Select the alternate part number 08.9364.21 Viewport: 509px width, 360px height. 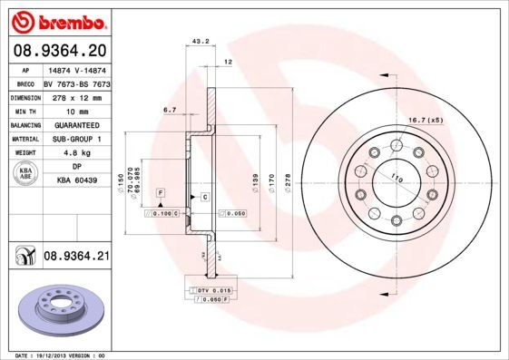point(77,258)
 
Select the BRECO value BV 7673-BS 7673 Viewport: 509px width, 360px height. point(77,82)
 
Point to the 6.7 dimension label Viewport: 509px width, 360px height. point(169,110)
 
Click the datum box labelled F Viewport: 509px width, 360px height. point(160,194)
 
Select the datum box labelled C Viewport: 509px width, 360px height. point(205,197)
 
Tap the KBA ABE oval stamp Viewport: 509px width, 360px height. point(25,174)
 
